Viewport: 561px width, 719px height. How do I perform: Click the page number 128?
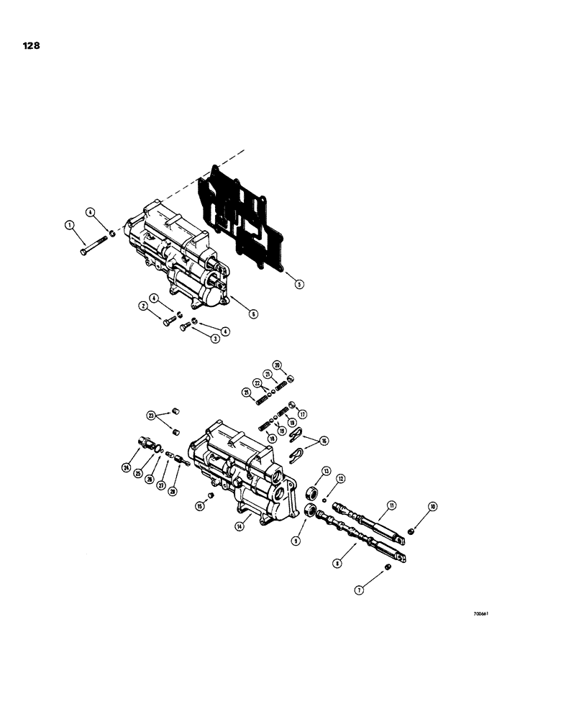point(31,45)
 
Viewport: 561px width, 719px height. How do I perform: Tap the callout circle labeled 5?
point(298,284)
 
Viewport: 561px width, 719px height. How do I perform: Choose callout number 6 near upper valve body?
point(254,313)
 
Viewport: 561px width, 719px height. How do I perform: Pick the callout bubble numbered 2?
point(144,306)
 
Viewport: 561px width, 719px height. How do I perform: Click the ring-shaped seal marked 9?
point(313,513)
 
